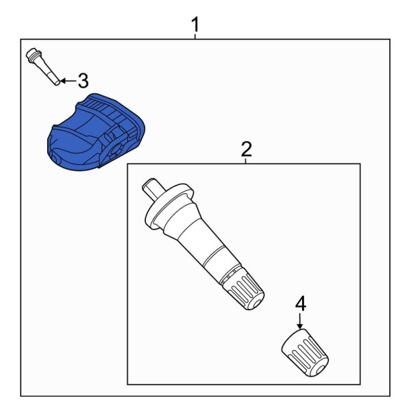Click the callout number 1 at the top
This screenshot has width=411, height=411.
tap(195, 25)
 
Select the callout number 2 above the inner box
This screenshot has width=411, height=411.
tap(246, 149)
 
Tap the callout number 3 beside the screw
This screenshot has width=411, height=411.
tap(82, 82)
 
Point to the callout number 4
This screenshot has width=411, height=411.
tap(299, 303)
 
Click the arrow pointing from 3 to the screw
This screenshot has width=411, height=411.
tap(65, 81)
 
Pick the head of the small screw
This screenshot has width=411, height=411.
tap(32, 55)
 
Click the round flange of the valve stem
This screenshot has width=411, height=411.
tap(168, 205)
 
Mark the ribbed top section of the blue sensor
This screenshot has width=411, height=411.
tap(110, 110)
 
